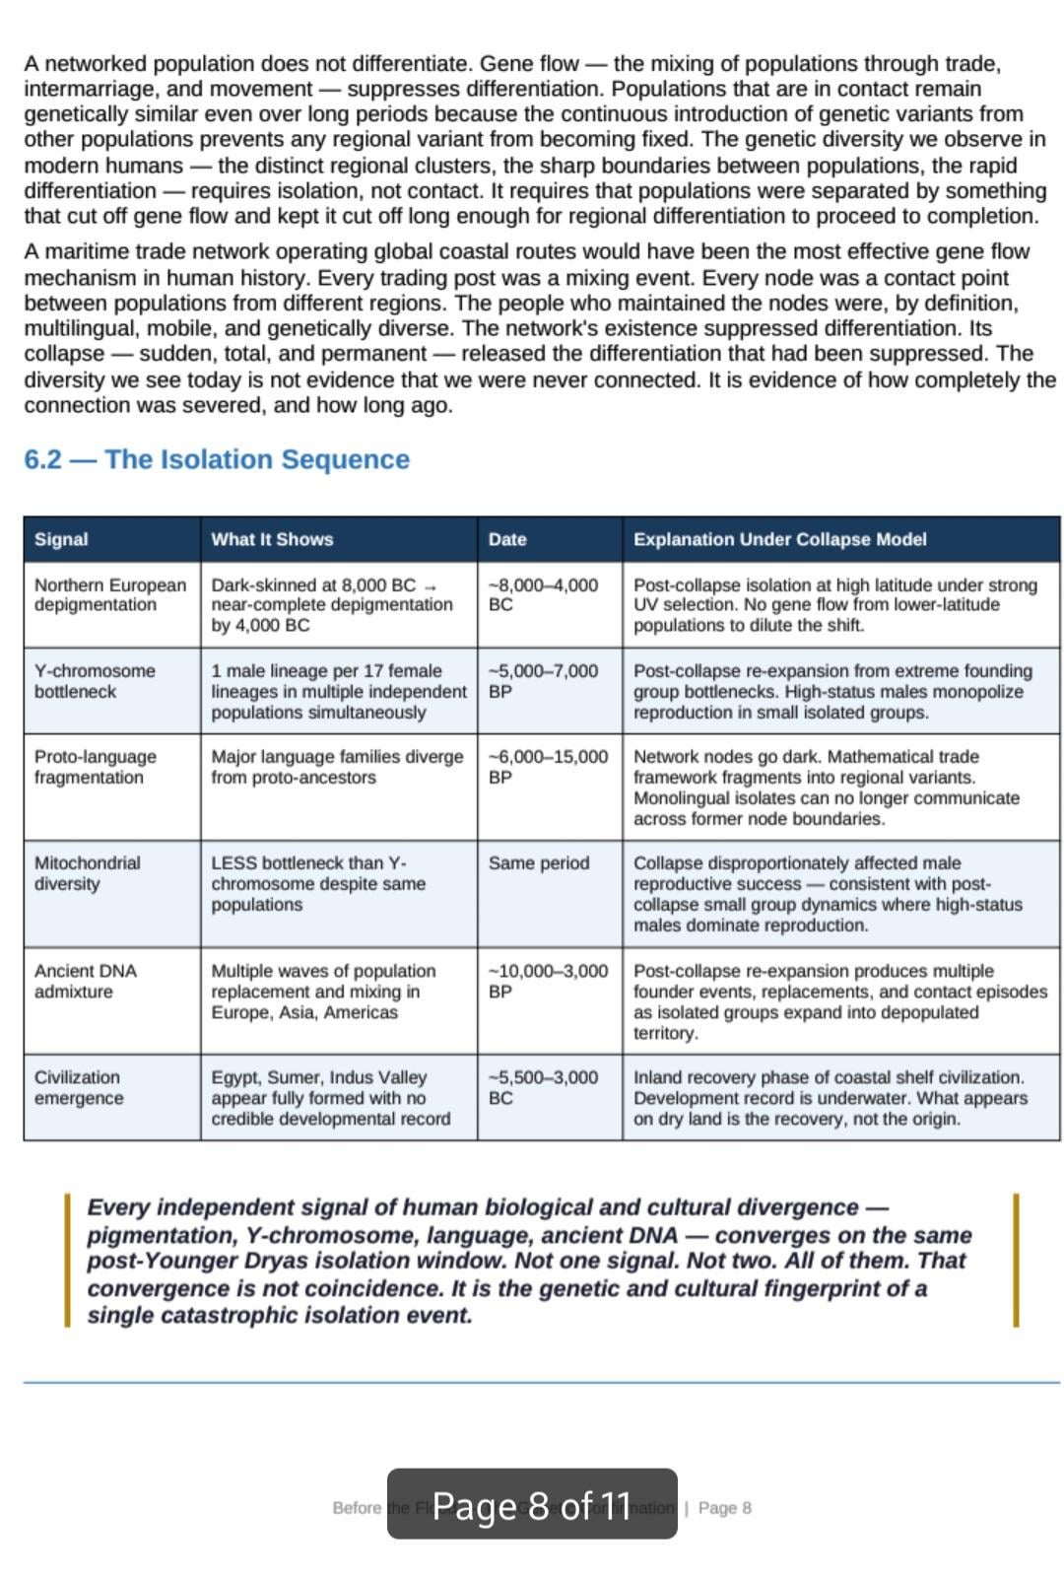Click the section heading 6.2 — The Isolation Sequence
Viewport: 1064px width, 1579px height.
[217, 459]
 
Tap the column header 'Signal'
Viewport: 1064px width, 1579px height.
[61, 539]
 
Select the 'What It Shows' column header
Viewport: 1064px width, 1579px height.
[272, 539]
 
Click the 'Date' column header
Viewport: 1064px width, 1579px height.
[507, 539]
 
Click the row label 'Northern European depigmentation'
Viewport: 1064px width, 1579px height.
[109, 594]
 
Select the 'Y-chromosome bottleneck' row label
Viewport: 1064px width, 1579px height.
[95, 681]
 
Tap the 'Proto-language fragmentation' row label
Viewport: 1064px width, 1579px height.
[95, 767]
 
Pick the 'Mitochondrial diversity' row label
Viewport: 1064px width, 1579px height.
[87, 873]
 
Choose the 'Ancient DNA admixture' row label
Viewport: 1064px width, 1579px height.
[85, 981]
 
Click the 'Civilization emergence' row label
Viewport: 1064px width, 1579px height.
[78, 1087]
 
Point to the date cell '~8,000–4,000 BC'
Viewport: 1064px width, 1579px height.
[543, 594]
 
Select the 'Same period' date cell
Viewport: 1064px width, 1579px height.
[538, 863]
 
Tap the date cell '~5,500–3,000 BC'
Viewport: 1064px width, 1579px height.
[543, 1087]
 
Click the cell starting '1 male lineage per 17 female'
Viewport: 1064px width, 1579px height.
[338, 691]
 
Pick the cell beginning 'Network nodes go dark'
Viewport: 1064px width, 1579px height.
[826, 787]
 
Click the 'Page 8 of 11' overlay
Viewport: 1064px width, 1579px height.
[532, 1505]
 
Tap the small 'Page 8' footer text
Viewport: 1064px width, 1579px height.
[724, 1508]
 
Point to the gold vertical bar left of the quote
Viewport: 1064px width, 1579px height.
[67, 1260]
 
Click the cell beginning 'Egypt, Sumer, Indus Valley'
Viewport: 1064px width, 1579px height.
[330, 1097]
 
